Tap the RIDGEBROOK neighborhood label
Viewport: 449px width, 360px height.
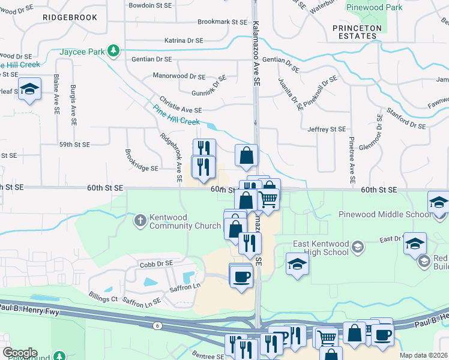(70, 17)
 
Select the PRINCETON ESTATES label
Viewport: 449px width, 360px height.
(357, 32)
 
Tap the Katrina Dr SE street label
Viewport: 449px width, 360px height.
(184, 41)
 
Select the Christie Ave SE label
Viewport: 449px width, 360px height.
(180, 110)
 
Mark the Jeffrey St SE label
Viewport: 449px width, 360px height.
(326, 129)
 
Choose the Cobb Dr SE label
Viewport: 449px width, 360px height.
(156, 263)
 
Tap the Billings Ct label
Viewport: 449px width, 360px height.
(103, 298)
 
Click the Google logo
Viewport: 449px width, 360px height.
(20, 353)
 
